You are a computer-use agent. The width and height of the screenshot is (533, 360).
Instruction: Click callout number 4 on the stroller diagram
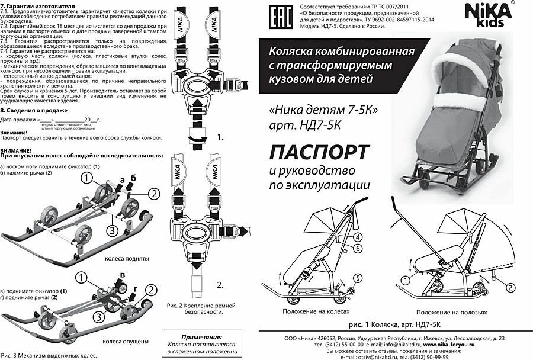[358, 237]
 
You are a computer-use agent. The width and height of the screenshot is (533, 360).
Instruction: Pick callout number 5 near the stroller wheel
[357, 277]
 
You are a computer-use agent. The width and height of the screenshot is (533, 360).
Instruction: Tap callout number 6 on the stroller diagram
[358, 249]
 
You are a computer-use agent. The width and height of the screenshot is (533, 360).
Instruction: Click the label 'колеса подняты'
[126, 259]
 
